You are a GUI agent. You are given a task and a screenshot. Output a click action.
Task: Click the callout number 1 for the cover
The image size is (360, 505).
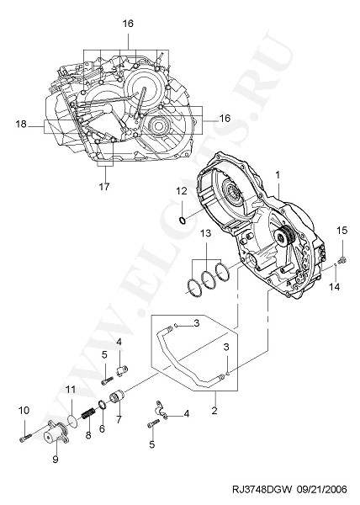click(x=278, y=175)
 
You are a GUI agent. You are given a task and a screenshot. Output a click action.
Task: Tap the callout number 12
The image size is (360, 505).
click(x=182, y=191)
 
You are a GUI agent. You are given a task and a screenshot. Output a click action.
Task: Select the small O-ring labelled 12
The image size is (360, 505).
click(x=182, y=221)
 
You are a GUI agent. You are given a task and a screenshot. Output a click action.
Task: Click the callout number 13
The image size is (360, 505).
click(x=206, y=233)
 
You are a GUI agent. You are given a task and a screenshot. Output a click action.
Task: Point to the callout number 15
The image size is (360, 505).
click(x=342, y=231)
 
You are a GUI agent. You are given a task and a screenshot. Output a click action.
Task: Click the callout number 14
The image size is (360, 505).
click(x=335, y=286)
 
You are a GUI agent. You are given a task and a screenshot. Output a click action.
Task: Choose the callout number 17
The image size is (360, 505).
click(x=104, y=187)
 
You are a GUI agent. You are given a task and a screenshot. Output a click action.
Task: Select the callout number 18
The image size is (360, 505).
click(x=21, y=124)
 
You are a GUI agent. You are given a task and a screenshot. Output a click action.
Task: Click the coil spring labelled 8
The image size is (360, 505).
click(x=87, y=413)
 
